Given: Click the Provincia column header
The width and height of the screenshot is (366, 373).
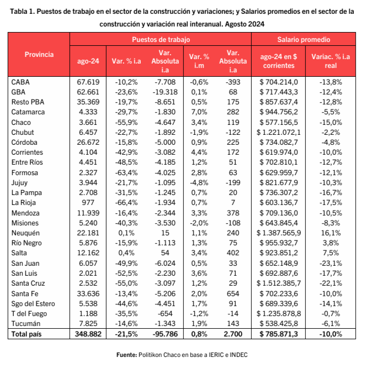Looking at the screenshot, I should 39,54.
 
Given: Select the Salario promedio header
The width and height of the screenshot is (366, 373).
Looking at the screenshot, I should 304,40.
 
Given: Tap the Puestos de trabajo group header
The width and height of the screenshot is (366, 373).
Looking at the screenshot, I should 161,40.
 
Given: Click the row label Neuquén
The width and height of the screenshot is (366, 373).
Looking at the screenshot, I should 25,233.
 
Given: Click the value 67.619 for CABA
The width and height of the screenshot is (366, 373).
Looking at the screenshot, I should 88,82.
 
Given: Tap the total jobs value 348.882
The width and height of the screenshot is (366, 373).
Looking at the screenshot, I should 88,334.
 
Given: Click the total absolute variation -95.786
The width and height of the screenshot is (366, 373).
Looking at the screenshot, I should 165,334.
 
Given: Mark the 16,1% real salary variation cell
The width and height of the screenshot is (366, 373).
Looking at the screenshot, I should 331,233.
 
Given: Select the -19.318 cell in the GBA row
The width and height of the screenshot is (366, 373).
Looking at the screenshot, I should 165,92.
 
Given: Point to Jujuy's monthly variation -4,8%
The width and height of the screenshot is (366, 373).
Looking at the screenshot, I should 199,183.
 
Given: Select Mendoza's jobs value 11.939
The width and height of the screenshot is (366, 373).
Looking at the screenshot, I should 88,213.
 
